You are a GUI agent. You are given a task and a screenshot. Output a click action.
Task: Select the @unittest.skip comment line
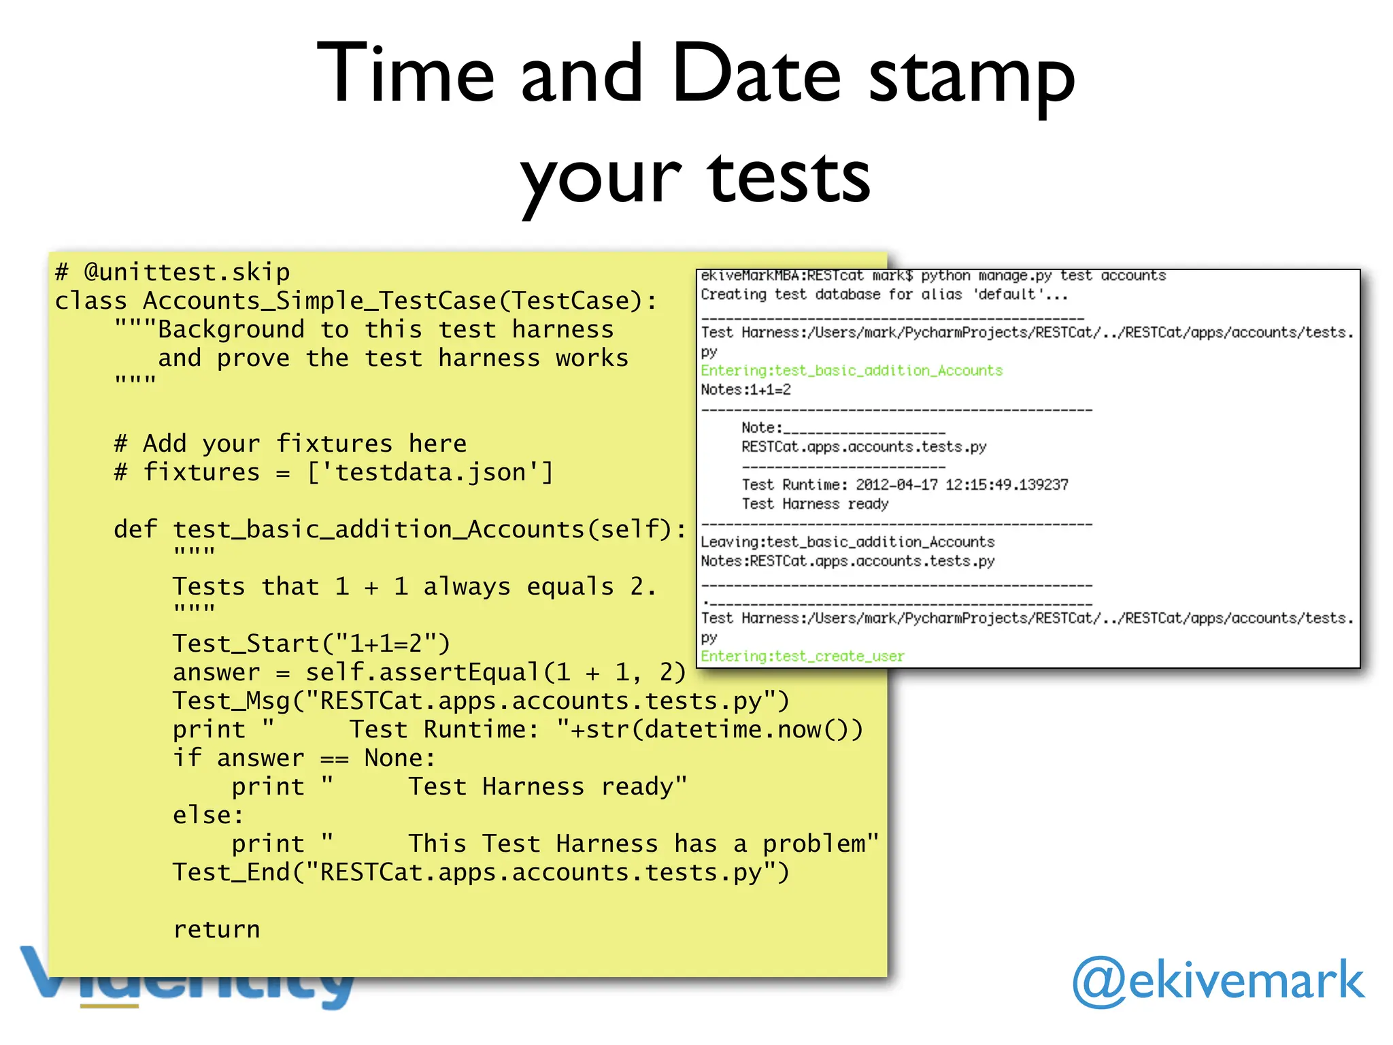tap(173, 272)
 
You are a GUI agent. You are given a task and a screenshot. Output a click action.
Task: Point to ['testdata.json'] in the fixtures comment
tap(431, 472)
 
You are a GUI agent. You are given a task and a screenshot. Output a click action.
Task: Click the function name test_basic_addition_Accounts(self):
tap(430, 529)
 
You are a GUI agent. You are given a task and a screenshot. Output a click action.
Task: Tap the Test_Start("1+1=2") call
tap(312, 643)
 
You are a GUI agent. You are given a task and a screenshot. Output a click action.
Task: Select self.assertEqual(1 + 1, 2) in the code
tap(495, 672)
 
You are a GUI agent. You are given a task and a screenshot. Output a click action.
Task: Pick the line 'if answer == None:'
tap(303, 758)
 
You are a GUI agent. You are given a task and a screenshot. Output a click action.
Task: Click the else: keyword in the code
tap(208, 815)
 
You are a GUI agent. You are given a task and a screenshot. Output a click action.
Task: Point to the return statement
tap(216, 929)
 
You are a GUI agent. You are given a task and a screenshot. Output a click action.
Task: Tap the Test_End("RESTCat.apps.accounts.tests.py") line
tap(481, 872)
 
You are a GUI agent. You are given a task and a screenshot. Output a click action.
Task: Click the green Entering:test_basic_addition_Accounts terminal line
tap(852, 371)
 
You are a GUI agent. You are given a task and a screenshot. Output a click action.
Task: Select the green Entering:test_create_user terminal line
tap(803, 657)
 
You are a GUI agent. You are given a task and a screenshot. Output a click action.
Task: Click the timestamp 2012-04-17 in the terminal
tap(896, 485)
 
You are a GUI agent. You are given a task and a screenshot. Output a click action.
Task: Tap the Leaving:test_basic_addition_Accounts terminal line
tap(847, 542)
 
